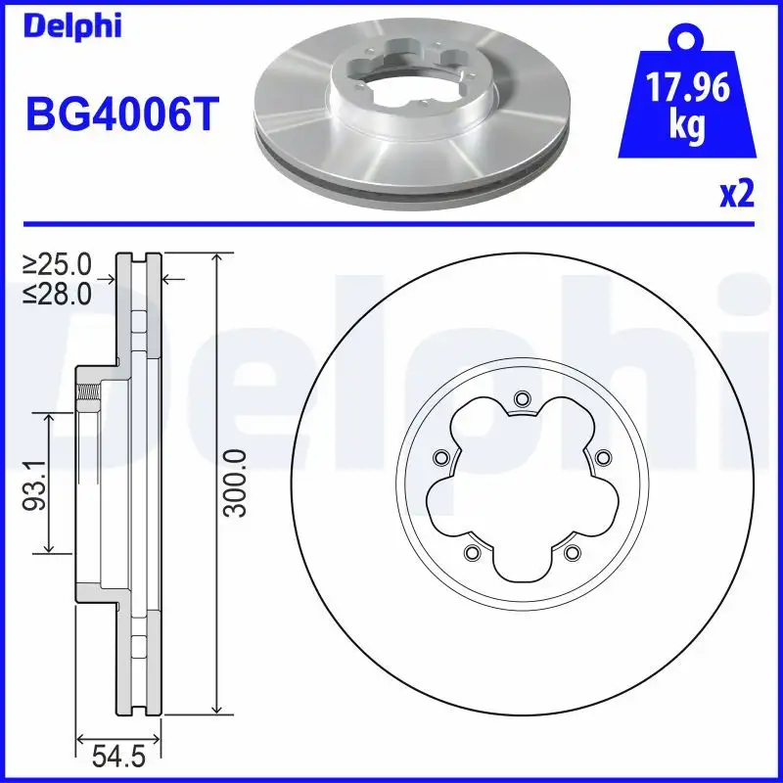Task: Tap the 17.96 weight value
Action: coord(686,90)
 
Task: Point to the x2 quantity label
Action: coord(735,195)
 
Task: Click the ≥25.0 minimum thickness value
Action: coord(58,264)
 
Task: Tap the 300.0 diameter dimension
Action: coord(233,483)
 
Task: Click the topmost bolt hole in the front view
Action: coord(521,397)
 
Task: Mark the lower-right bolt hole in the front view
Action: coord(572,554)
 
